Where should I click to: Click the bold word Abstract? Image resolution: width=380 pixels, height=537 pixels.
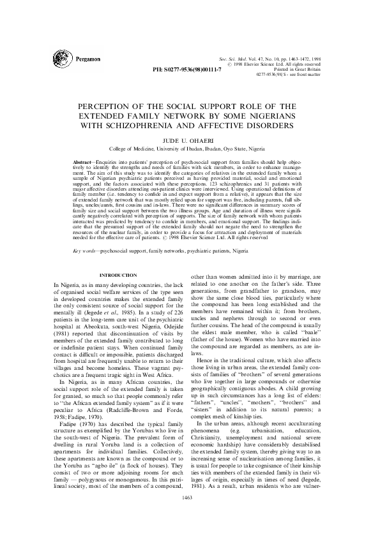[x=85, y=163]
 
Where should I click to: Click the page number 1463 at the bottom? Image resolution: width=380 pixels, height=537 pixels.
[x=190, y=515]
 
